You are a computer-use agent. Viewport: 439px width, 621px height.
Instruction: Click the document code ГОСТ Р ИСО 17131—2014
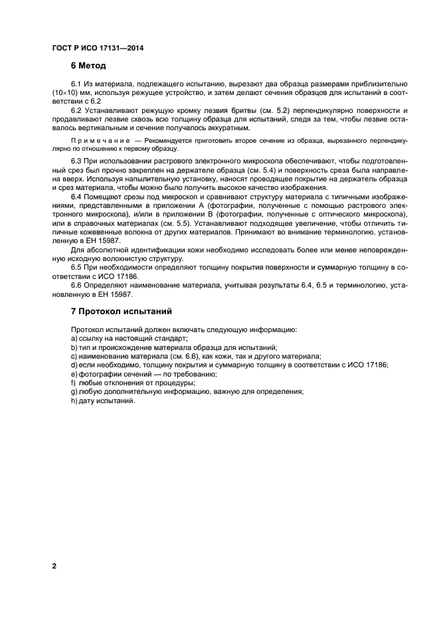[98, 48]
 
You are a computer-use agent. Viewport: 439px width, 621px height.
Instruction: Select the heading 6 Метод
[88, 66]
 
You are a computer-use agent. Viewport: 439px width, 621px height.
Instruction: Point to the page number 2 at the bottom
[54, 566]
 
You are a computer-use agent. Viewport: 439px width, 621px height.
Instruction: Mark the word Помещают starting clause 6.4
[105, 198]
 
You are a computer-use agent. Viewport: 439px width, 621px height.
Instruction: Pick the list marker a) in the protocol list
[74, 339]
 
